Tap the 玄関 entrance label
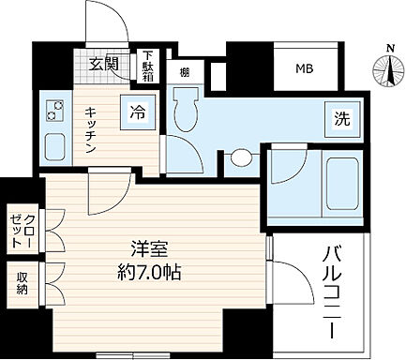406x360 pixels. point(104,64)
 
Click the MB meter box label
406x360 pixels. point(306,68)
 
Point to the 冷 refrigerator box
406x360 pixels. point(137,110)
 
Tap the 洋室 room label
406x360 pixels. point(149,250)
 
